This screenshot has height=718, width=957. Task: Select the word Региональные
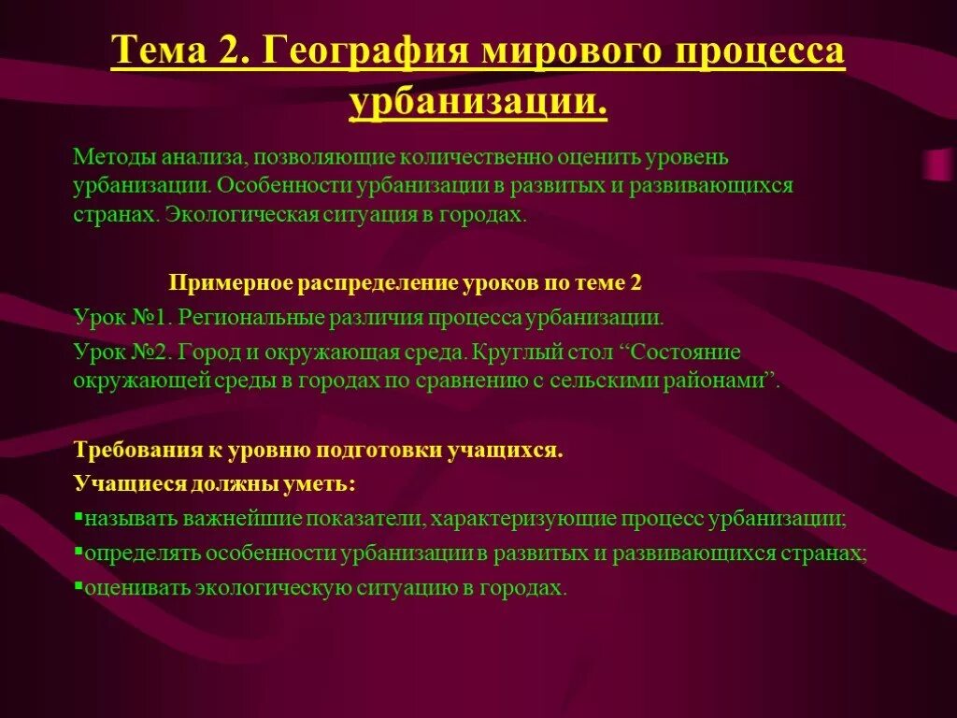point(250,317)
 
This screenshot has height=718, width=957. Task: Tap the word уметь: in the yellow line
point(321,485)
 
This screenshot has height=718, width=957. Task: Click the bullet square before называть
point(78,516)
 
